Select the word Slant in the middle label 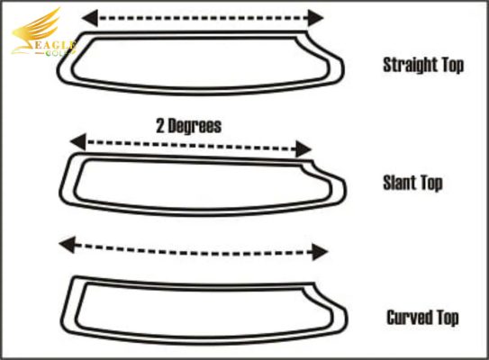point(399,183)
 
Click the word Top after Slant point(431,184)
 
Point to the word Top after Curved point(448,318)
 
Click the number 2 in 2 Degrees point(160,126)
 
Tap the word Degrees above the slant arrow point(195,126)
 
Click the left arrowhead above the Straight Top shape point(90,18)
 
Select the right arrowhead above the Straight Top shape point(315,18)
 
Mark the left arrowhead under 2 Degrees point(78,142)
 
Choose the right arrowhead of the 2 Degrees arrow point(303,149)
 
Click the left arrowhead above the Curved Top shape point(68,245)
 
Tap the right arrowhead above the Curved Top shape point(320,252)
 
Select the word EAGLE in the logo point(53,46)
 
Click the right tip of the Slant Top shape point(345,190)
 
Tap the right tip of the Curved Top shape point(347,318)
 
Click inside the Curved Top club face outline point(203,310)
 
